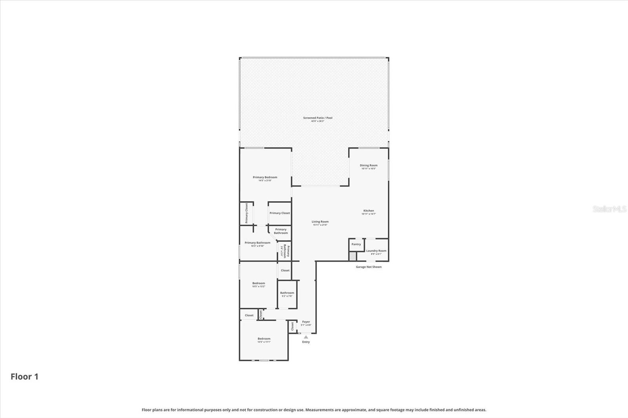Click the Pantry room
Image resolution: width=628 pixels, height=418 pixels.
coord(356,244)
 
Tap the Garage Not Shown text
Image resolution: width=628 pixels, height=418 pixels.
coord(369,267)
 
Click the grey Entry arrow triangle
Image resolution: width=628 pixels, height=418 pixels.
coord(306,337)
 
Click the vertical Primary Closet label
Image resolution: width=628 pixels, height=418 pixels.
coord(246,213)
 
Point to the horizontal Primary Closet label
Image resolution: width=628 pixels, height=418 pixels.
coord(279,213)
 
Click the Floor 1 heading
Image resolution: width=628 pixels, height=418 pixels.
coord(24,377)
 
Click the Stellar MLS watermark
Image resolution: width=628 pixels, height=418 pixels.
coord(609,209)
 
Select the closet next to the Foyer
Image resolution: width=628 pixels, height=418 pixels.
coord(292,326)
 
